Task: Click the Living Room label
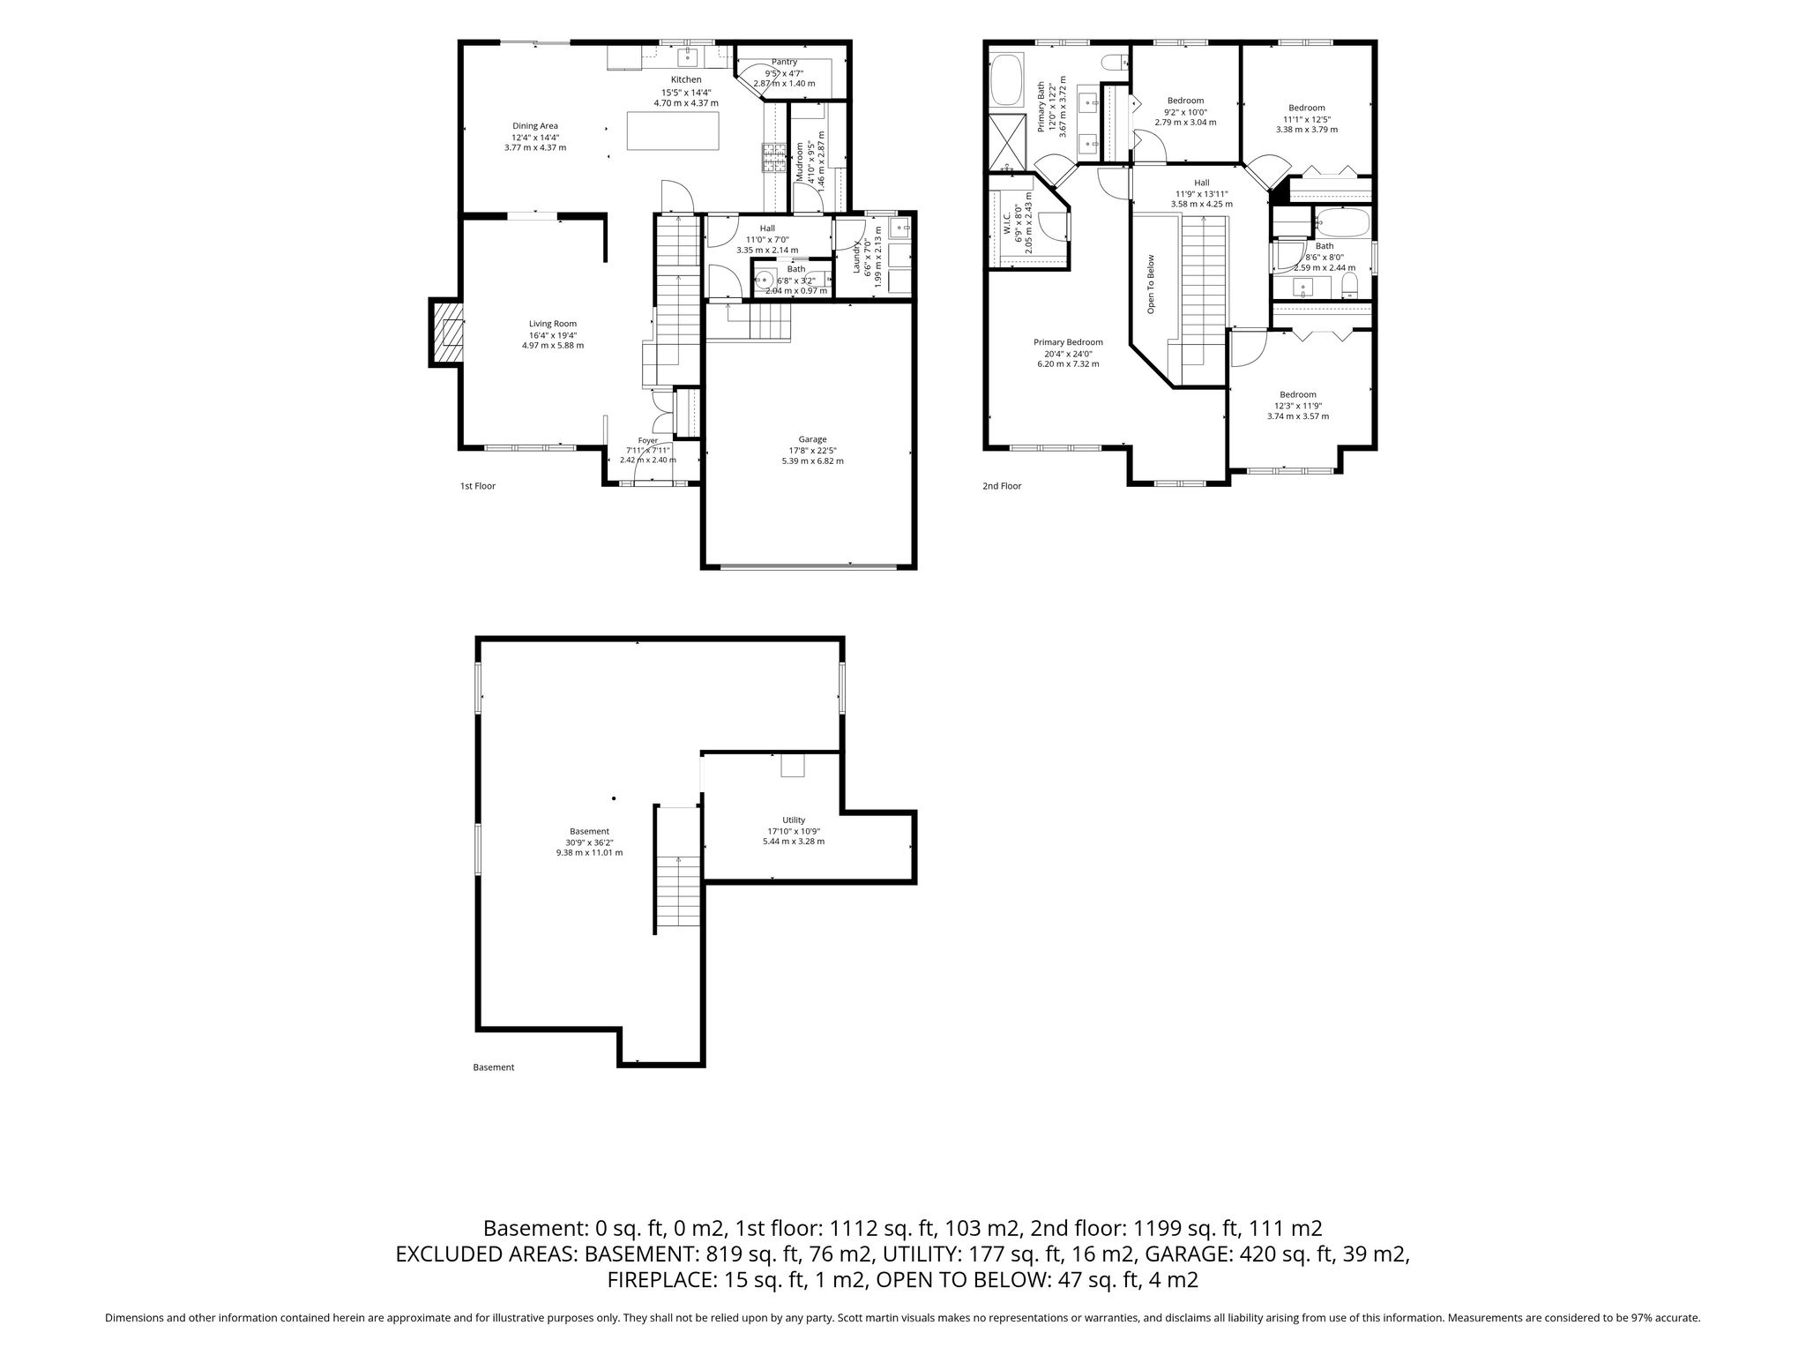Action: [553, 324]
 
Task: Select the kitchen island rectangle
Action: [673, 131]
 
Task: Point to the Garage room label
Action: [812, 439]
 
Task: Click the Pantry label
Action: [784, 62]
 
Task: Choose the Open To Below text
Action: [1151, 285]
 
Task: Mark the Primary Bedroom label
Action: [1068, 342]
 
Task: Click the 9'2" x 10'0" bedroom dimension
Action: [1185, 112]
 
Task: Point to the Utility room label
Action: [794, 820]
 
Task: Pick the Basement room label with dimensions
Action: [589, 842]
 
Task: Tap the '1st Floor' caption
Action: [478, 486]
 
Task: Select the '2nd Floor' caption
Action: [1002, 486]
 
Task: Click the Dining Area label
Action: [535, 126]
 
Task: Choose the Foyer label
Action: [648, 440]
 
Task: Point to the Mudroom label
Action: [801, 162]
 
